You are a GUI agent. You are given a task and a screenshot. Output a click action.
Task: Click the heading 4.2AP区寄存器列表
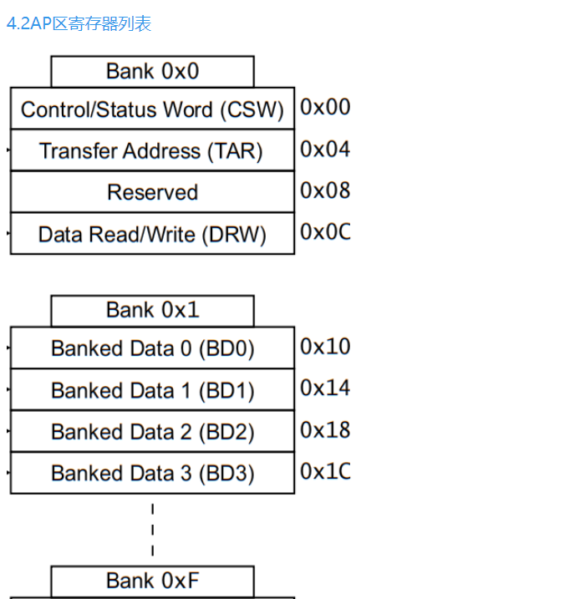(79, 23)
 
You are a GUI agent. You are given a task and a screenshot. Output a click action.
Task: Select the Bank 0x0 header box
(152, 72)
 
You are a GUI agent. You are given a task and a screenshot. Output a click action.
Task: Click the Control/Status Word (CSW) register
(152, 109)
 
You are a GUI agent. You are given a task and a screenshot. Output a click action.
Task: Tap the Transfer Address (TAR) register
(152, 151)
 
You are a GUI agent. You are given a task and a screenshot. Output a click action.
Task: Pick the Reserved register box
(152, 192)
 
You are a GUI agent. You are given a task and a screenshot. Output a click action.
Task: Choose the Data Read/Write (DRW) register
(152, 234)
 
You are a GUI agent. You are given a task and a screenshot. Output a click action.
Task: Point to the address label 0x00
(325, 107)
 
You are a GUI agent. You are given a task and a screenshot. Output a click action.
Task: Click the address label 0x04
(325, 149)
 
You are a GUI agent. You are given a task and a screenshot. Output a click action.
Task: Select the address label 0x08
(325, 190)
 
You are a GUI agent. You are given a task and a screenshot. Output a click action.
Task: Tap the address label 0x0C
(325, 231)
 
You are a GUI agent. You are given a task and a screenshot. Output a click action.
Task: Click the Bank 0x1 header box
(152, 311)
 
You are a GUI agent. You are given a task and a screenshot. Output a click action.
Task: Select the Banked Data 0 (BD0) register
(152, 348)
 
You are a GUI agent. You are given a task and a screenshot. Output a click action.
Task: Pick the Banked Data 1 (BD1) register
(152, 390)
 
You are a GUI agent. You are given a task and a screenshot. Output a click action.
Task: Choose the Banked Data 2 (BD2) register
(152, 432)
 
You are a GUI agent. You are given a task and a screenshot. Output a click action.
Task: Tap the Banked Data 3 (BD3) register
(152, 473)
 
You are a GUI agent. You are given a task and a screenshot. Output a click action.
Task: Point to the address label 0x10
(325, 346)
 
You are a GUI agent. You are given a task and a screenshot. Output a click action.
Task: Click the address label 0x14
(325, 388)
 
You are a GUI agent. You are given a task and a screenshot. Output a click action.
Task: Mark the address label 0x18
(325, 429)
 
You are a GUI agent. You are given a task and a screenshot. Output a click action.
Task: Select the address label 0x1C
(325, 471)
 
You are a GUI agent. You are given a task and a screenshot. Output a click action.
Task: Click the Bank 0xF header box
(152, 581)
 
